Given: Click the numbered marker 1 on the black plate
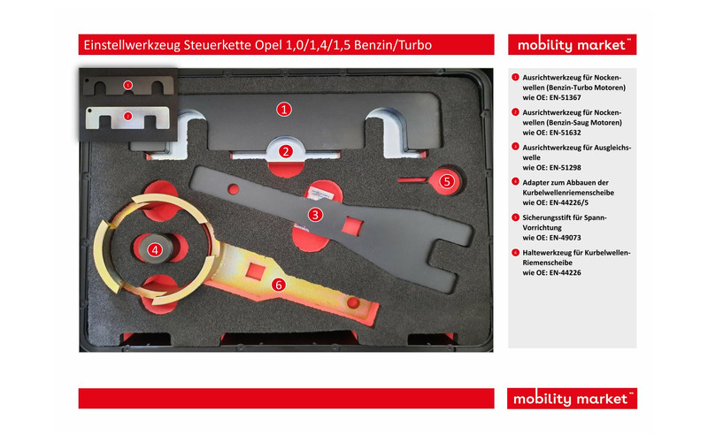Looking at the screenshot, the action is coord(283,109).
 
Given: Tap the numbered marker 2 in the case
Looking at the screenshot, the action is coord(285,151).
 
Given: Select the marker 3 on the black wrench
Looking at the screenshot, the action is coord(315,215).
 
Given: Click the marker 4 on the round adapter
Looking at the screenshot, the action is coord(155,250).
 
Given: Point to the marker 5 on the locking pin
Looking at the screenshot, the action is coord(447,181).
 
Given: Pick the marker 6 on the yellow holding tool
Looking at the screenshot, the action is coord(279,285).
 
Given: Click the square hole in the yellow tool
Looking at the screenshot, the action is coord(256,271).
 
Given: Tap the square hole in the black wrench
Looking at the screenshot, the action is coord(351,225).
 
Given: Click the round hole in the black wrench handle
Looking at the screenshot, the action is coord(234,189).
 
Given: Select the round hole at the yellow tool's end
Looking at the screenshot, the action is coord(353,302).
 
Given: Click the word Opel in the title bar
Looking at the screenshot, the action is coord(268,46).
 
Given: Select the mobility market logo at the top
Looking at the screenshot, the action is coord(572,45).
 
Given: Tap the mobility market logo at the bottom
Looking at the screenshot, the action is coord(572,399).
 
